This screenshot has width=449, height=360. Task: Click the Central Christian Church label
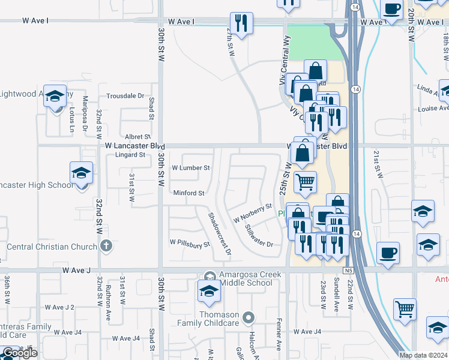pos(52,247)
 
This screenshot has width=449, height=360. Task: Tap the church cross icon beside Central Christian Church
pos(106,245)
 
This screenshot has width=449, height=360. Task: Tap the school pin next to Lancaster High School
pos(81,174)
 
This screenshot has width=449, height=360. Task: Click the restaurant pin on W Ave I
pos(241,24)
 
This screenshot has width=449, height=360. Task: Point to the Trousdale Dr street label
pos(125,96)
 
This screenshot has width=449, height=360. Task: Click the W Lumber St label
pos(191,168)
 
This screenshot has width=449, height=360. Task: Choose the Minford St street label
pos(189,193)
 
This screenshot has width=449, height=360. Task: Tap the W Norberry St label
pos(253,214)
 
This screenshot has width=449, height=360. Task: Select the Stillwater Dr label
pos(259,236)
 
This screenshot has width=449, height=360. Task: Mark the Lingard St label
pos(131,154)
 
